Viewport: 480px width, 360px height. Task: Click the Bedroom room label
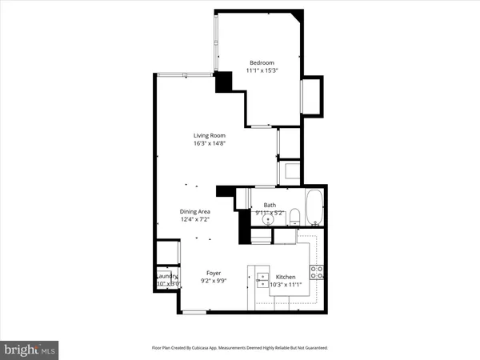tap(262, 63)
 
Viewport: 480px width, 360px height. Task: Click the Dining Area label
tap(194, 211)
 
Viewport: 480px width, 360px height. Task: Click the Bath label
tap(270, 205)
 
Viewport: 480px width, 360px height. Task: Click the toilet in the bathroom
tap(294, 214)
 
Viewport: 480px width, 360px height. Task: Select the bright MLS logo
tap(30, 349)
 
